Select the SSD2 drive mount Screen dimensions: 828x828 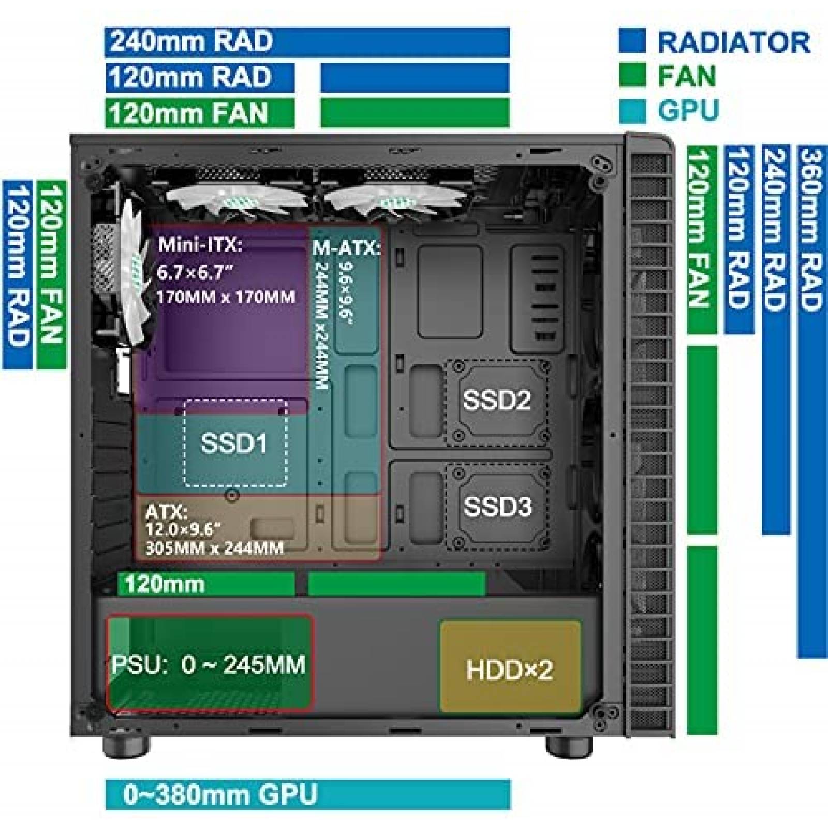[x=497, y=402]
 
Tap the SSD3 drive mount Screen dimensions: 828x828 [x=497, y=507]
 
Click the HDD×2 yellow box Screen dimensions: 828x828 [x=510, y=667]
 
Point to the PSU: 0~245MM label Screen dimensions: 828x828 [x=209, y=664]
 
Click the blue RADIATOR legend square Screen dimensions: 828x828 [x=632, y=41]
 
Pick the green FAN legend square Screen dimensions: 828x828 [x=632, y=76]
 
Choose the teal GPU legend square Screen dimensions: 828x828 [x=632, y=110]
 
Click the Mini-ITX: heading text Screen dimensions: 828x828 [x=200, y=244]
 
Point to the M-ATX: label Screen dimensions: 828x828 [x=346, y=249]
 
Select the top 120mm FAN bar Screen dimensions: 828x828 [x=199, y=113]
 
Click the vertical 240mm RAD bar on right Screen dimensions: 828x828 [x=776, y=339]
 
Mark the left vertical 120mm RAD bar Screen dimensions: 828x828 [x=17, y=274]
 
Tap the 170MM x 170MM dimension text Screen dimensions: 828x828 [x=226, y=298]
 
